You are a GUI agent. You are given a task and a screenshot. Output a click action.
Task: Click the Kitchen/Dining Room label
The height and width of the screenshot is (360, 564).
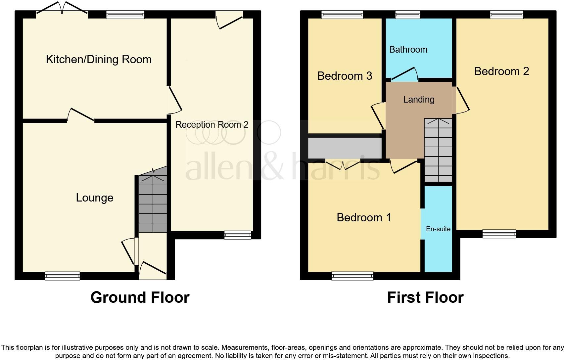pos(99,60)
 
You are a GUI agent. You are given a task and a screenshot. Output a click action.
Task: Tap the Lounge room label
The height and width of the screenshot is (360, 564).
pos(95,198)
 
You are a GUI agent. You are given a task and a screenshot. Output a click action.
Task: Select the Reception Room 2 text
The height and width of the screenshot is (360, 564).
pos(211,125)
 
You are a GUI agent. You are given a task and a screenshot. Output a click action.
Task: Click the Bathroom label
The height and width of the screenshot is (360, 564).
pos(408,50)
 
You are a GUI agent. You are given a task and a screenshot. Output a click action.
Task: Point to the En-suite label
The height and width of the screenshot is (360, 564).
pos(438,229)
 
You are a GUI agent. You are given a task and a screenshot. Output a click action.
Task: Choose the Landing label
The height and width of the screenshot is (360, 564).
pos(419,100)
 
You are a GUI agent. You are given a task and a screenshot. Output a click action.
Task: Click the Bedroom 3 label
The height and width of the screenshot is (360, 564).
pos(345,76)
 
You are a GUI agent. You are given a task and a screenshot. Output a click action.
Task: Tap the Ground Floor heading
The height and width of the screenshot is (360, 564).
pos(140,297)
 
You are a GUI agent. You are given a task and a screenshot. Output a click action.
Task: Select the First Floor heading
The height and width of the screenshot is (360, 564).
pos(425,297)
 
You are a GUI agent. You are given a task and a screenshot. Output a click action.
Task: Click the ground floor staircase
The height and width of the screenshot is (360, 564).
pos(153,203)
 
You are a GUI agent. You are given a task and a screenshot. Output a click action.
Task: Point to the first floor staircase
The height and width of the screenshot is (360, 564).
pos(438,151)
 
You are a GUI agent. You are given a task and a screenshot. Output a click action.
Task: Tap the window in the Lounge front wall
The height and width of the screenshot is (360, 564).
pos(63,276)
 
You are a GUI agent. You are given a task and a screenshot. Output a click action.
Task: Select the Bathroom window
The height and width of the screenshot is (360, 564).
pos(408,14)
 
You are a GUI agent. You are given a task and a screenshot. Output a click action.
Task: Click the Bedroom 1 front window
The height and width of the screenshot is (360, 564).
pos(352,276)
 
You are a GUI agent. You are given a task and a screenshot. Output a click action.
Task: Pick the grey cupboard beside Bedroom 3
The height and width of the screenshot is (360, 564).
pos(345,148)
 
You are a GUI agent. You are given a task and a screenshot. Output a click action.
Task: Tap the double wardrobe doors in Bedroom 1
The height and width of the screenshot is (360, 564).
pos(343,164)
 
